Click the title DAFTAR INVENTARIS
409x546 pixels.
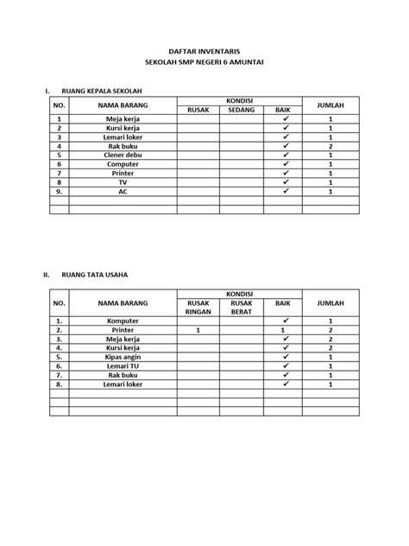coord(204,53)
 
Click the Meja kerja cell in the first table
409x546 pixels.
coord(123,118)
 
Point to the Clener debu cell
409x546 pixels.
coord(123,155)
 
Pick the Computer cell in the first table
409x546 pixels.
coord(123,163)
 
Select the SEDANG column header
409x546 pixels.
coord(241,110)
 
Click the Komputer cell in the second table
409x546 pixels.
coord(123,321)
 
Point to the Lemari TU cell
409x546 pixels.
coord(123,365)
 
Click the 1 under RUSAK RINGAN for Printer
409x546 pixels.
coord(198,330)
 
